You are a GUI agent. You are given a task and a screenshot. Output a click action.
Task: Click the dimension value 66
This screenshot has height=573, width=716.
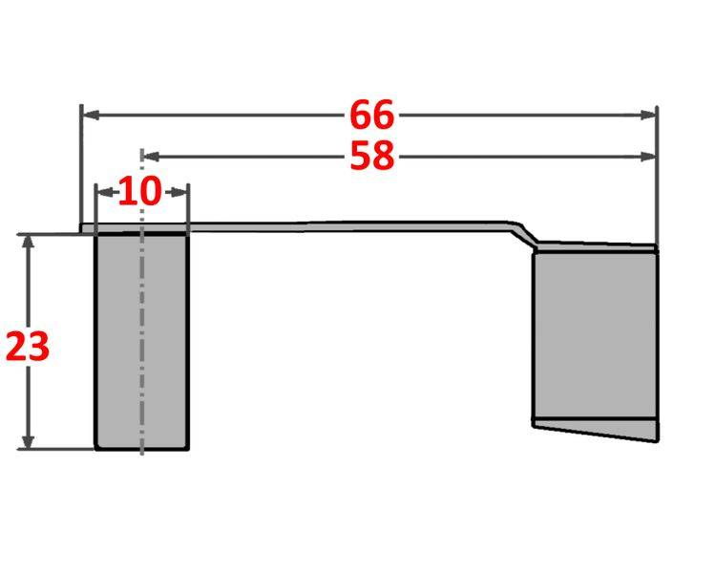pos(370,115)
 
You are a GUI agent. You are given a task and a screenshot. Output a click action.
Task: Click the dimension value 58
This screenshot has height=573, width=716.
pos(371,156)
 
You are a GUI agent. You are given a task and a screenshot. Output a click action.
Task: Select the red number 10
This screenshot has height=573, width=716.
pos(140,191)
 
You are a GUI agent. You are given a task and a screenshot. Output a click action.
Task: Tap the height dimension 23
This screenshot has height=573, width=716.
pos(27,347)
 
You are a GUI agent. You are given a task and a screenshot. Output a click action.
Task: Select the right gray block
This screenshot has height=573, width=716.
pos(594,334)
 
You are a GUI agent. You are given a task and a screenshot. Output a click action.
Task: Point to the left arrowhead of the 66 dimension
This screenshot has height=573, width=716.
pos(89,115)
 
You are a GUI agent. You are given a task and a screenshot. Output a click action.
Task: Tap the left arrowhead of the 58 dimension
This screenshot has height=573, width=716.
pos(149,156)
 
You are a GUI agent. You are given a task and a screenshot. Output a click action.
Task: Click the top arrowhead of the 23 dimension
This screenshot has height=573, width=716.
pos(29,241)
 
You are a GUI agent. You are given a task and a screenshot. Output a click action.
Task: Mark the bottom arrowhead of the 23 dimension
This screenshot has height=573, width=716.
pos(29,440)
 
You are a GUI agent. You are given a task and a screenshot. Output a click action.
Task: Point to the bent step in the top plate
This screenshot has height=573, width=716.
pos(523,232)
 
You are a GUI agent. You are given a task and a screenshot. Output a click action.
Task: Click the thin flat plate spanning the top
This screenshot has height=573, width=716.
pos(334,226)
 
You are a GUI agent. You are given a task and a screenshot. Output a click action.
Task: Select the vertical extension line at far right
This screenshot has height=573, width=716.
pos(657,191)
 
